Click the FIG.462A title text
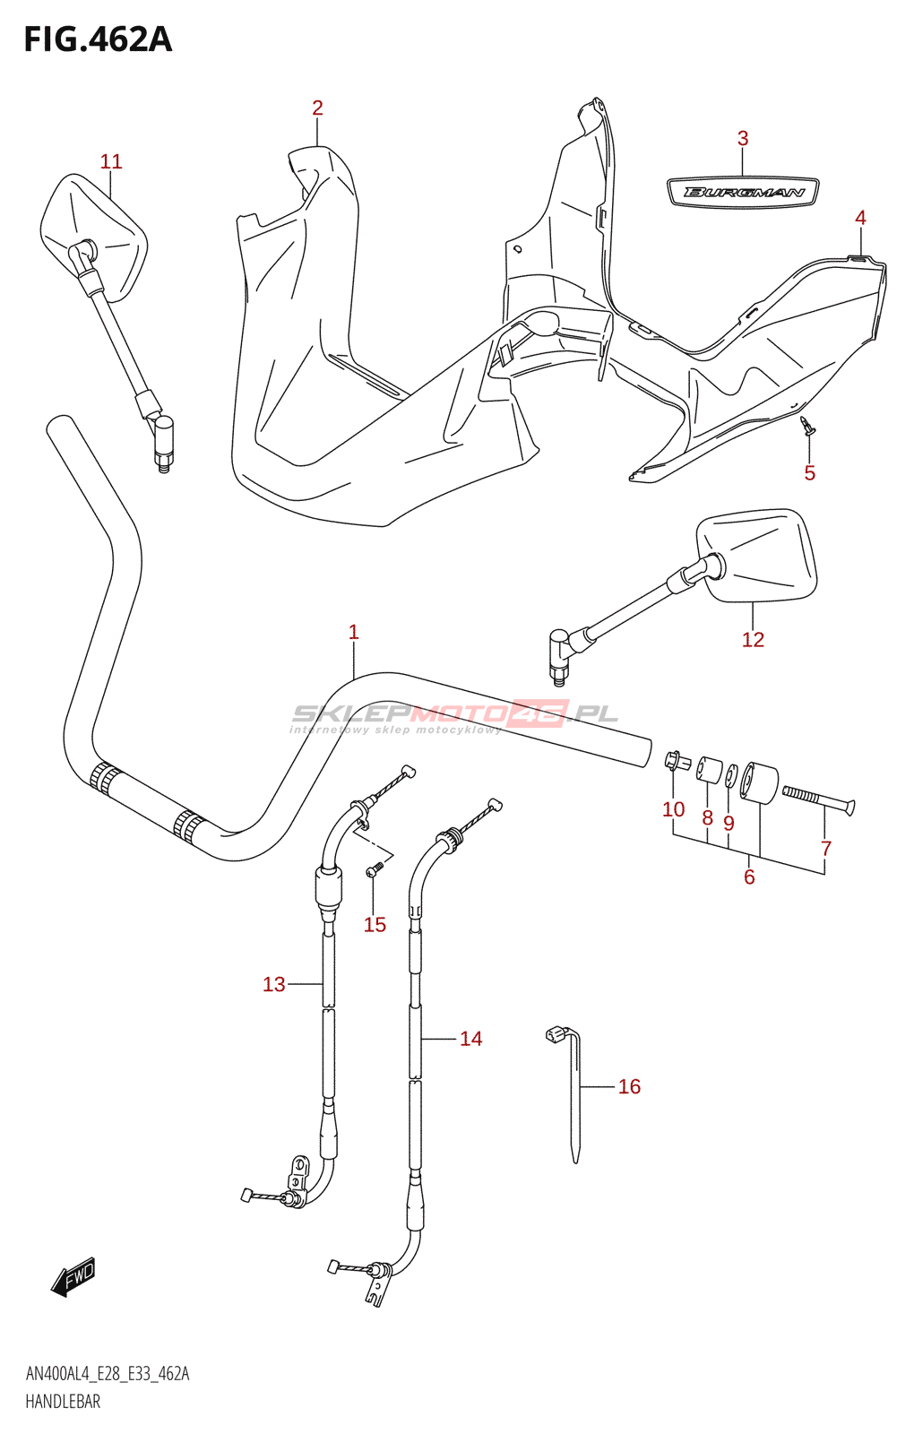coord(98,39)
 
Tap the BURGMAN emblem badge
coord(743,192)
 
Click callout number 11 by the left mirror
coord(110,161)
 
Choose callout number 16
coord(629,1086)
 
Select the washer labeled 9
coord(731,776)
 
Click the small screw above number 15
coord(375,868)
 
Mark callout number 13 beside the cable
coord(274,984)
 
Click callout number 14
coord(470,1039)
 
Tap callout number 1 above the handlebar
coord(354,632)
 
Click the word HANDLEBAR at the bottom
coord(63,1402)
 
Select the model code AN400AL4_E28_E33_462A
coord(108,1374)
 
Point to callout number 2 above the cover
coord(317,108)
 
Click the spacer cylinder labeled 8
coord(709,770)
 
